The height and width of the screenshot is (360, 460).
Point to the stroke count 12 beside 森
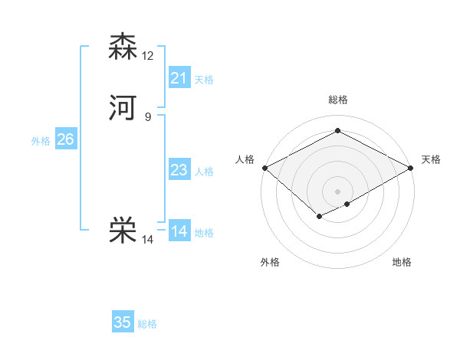[149, 55]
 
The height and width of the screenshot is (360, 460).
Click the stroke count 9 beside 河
[148, 117]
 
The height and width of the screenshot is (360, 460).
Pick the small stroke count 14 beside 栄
[148, 240]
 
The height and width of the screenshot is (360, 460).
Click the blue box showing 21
[179, 77]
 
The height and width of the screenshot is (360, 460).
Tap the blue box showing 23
[179, 170]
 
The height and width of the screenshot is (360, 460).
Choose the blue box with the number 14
[179, 231]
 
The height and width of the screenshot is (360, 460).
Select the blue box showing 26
[65, 139]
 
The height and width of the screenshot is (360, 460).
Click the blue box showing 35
[123, 322]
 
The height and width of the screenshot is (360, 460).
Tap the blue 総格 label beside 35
[147, 324]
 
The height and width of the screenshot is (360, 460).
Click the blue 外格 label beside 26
[41, 141]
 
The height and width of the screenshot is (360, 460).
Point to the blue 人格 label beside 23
[204, 172]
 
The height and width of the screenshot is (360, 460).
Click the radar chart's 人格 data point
[264, 168]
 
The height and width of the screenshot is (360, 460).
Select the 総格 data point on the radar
[337, 131]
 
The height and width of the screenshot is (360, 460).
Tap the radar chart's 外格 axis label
[270, 263]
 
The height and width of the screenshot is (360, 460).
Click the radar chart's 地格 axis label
[402, 263]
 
